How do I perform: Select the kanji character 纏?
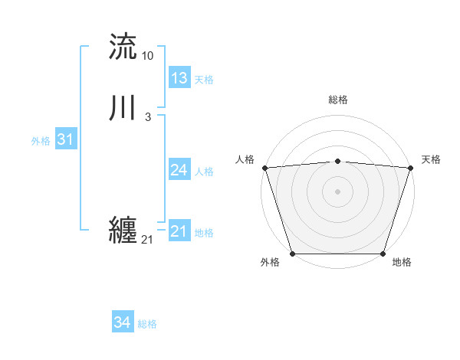click(x=123, y=231)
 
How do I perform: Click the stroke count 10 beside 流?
click(x=147, y=56)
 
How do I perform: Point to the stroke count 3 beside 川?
click(x=147, y=117)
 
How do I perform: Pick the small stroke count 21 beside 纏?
click(x=147, y=240)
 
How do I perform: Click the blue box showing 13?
click(x=179, y=78)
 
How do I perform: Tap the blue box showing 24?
click(x=179, y=170)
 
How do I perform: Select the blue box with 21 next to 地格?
click(x=179, y=231)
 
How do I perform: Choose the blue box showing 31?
click(x=65, y=139)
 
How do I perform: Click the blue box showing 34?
click(x=123, y=323)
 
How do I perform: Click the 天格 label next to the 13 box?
click(x=204, y=80)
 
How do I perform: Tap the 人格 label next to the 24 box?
click(x=204, y=172)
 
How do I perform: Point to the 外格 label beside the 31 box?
click(x=41, y=141)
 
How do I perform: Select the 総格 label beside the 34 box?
click(x=147, y=325)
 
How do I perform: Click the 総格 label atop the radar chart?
click(x=338, y=100)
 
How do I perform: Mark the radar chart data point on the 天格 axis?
click(x=411, y=168)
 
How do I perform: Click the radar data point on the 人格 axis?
click(x=264, y=168)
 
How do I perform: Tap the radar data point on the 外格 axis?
click(x=292, y=254)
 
